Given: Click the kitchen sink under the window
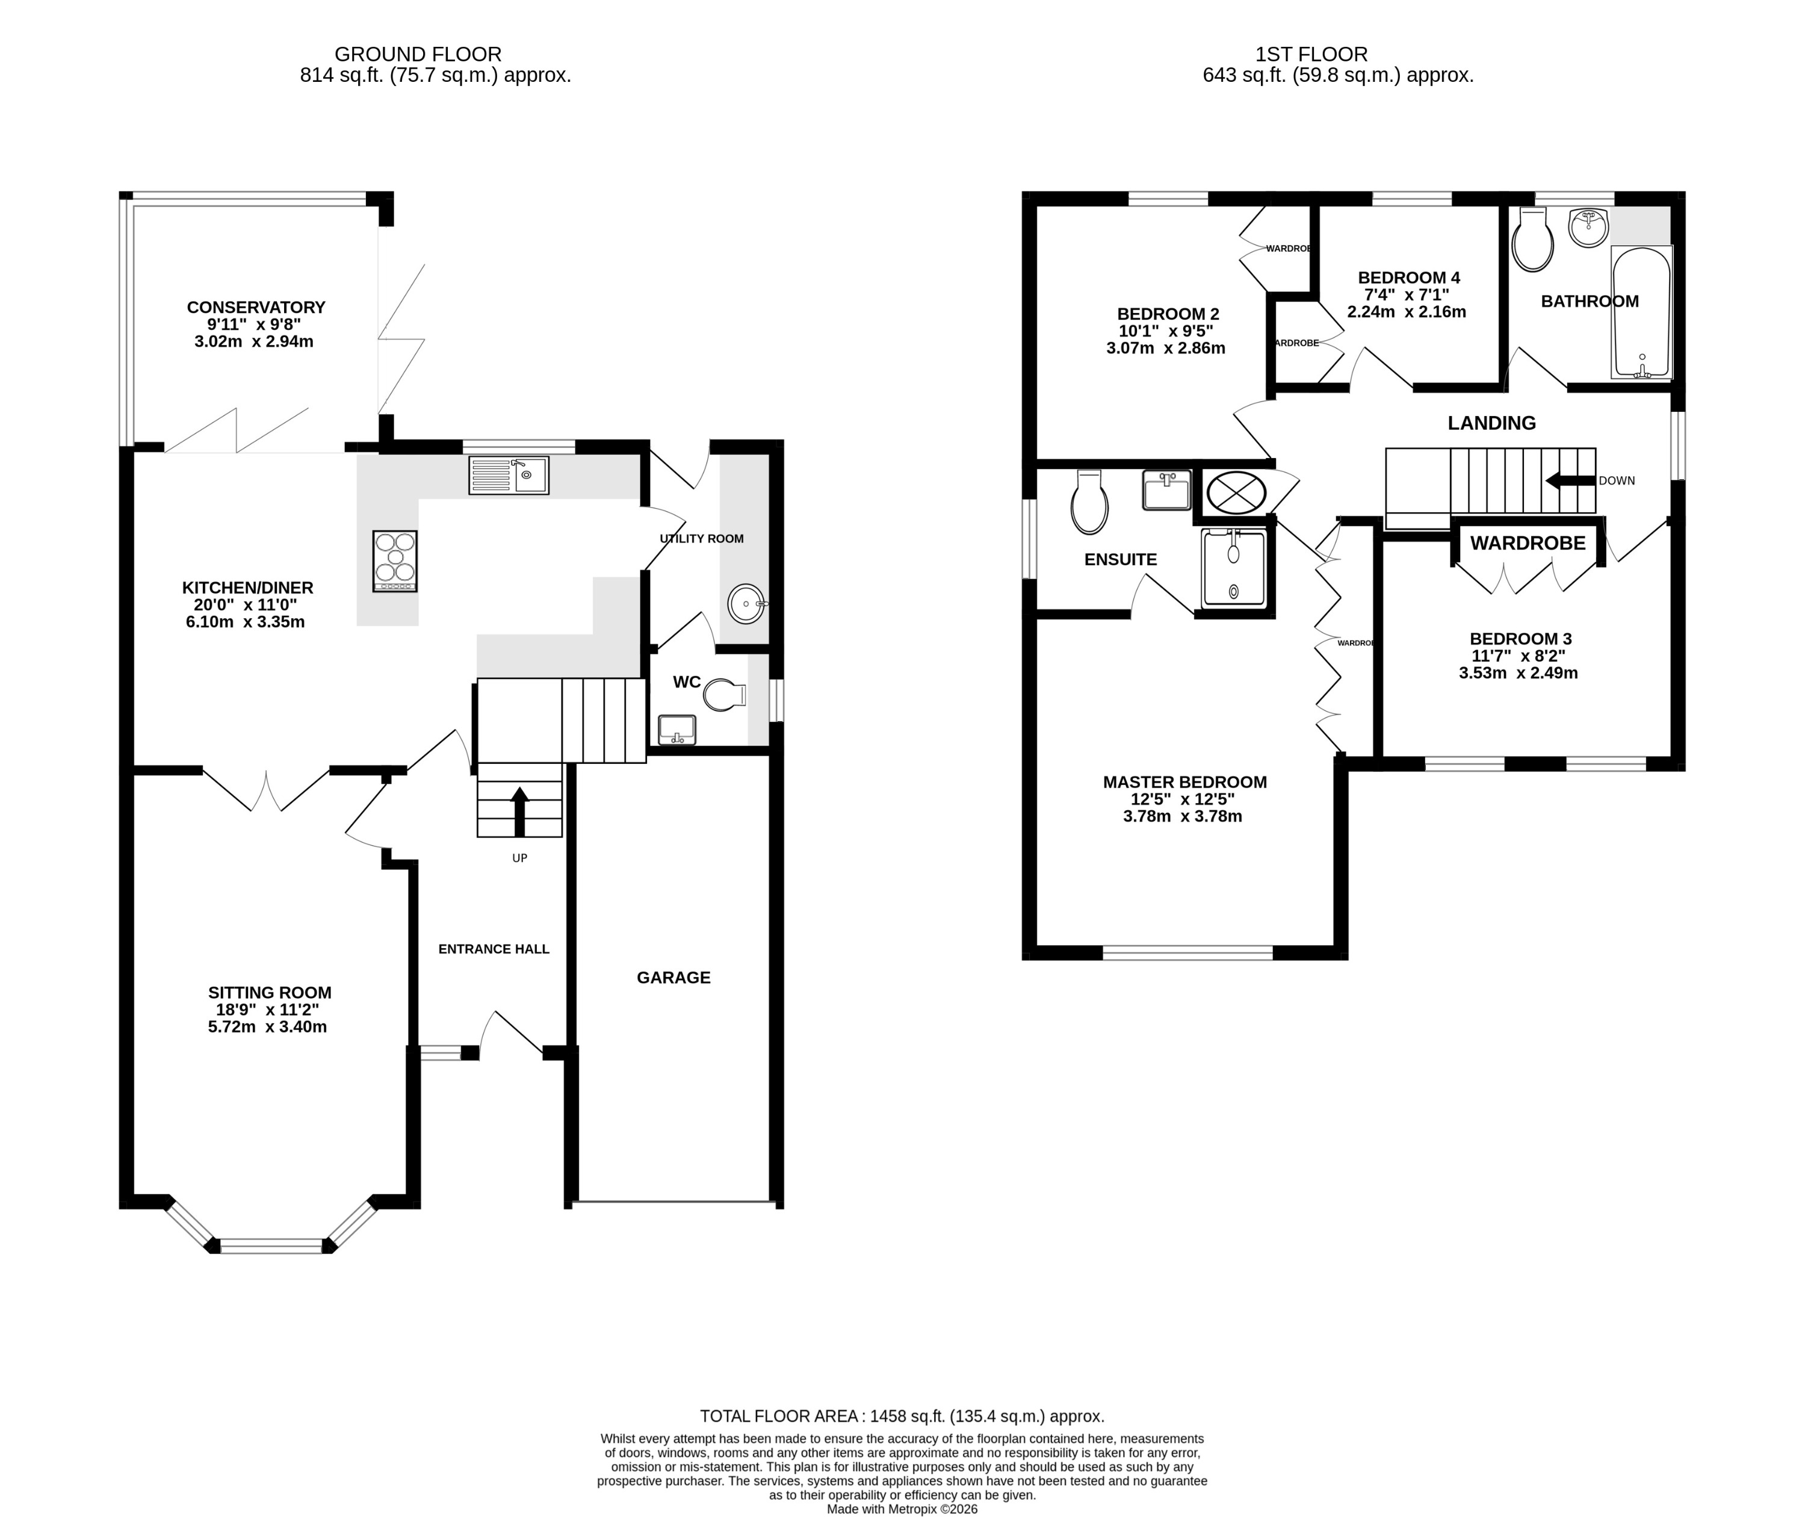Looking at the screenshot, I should tap(508, 476).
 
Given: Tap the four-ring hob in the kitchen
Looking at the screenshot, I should tap(395, 560).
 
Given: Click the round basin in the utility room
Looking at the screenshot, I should tap(746, 604).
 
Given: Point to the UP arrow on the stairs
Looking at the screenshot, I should tap(519, 811).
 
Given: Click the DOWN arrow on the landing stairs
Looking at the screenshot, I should tap(1570, 481).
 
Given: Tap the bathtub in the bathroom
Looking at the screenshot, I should tap(1642, 313).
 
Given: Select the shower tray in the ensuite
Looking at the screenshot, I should tap(1234, 568).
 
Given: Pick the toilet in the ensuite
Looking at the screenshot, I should tap(1089, 505).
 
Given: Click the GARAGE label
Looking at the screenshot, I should tap(673, 978).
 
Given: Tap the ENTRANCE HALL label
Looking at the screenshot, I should tap(494, 949).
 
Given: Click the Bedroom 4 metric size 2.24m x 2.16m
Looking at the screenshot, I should tap(1407, 312).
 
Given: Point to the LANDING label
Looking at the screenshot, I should tap(1491, 423).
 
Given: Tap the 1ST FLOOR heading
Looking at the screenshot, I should tap(1311, 54).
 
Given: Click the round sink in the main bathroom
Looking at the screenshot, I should tap(1588, 228).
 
